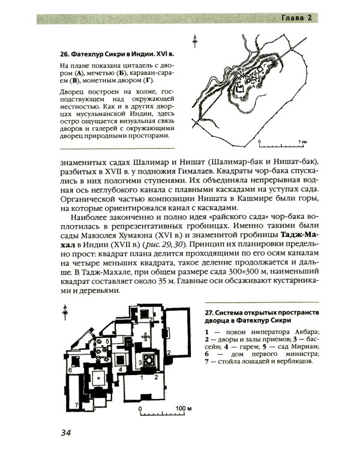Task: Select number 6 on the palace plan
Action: [x=70, y=370]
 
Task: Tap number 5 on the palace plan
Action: [x=107, y=341]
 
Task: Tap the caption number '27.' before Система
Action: [x=209, y=313]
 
